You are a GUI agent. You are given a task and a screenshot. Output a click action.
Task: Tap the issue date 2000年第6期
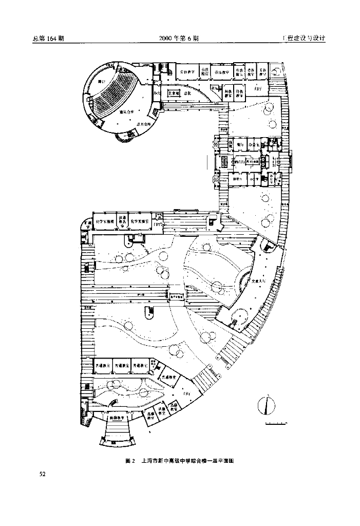coord(179,39)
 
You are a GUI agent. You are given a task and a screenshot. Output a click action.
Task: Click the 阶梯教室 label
coord(119,418)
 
